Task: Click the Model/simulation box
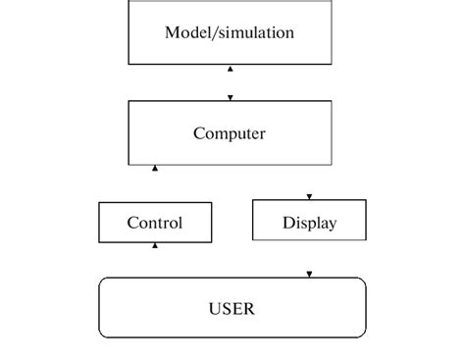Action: tap(230, 32)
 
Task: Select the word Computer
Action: tap(230, 133)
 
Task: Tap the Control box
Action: tap(154, 223)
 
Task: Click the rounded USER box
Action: tap(232, 308)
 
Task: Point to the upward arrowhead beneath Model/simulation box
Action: tap(231, 70)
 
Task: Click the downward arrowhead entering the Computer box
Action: tap(231, 97)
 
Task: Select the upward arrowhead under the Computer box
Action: tap(155, 169)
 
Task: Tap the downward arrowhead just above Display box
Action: tap(310, 195)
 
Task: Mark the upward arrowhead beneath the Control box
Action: tap(155, 246)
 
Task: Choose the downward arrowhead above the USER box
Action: tap(310, 274)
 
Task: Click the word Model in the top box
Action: tap(185, 32)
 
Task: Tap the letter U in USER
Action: tap(214, 309)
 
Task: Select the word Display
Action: tap(309, 223)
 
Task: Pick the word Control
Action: tap(154, 223)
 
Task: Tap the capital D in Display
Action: tap(288, 223)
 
